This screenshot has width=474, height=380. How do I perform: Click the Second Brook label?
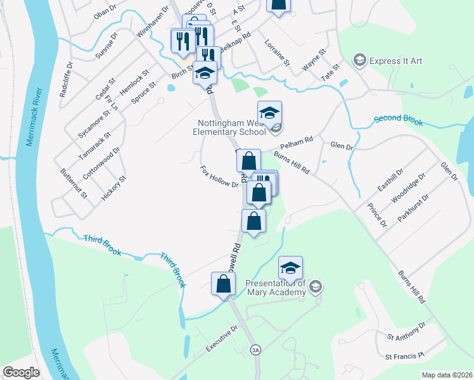pyautogui.click(x=398, y=120)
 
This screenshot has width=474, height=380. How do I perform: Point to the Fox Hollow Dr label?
pyautogui.click(x=219, y=177)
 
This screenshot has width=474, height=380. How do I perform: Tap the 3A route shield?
pyautogui.click(x=256, y=349)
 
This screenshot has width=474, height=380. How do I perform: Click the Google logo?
pyautogui.click(x=21, y=372)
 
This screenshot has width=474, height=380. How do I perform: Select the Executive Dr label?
pyautogui.click(x=221, y=337)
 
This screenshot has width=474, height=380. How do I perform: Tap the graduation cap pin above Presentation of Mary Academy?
pyautogui.click(x=290, y=268)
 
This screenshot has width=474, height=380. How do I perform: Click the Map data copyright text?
pyautogui.click(x=446, y=374)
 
